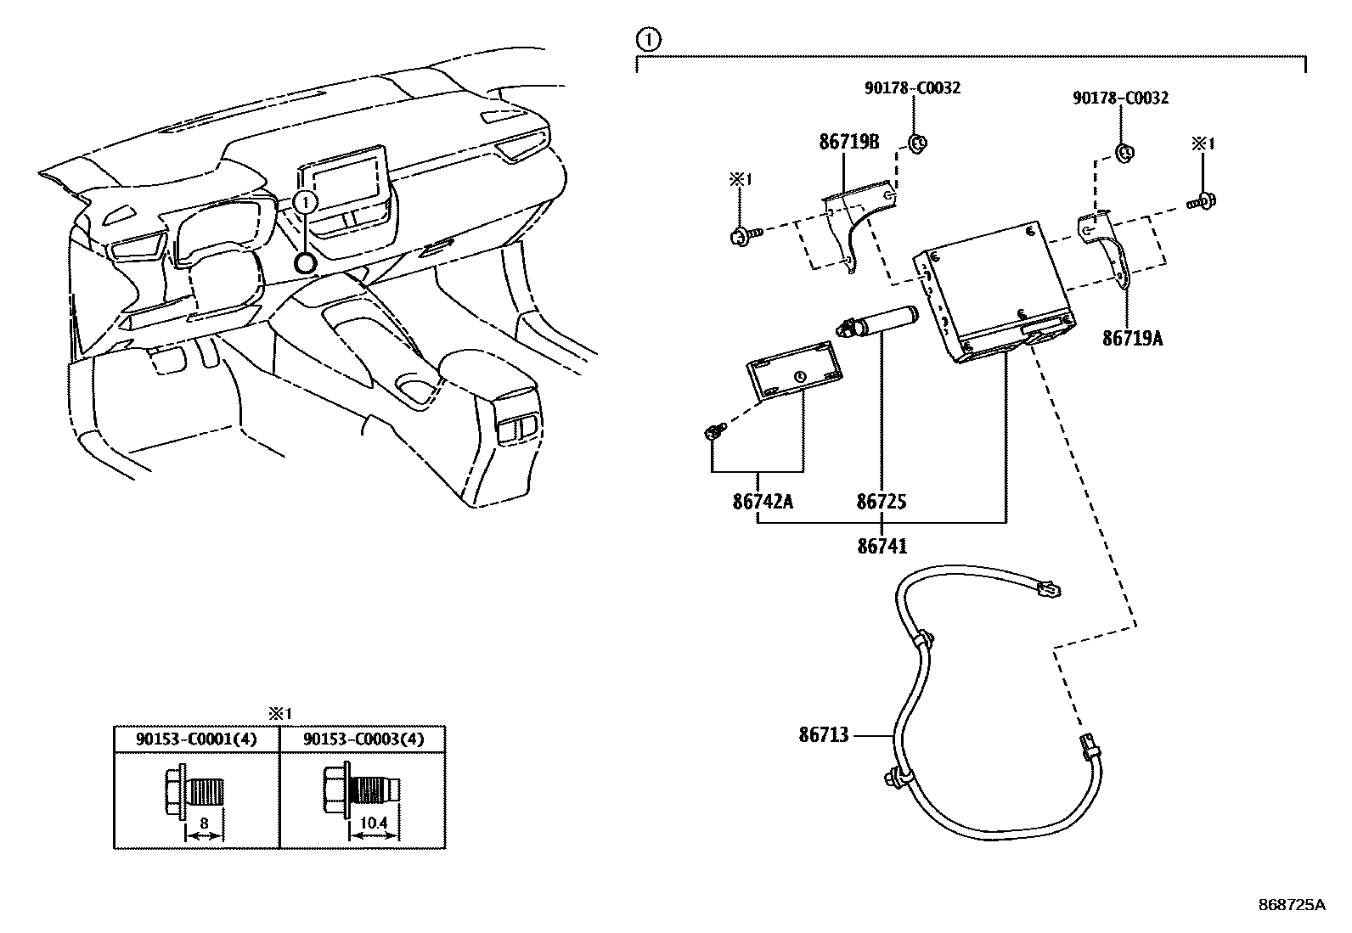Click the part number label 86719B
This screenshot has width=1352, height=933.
coord(848,142)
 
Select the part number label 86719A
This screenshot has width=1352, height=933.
coord(1132,338)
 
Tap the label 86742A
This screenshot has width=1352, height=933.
coord(762,501)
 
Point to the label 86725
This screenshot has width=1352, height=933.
coord(881,501)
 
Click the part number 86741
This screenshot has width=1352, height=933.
coord(882,546)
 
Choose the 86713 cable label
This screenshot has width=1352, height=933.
coord(823,734)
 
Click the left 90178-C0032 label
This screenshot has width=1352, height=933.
coord(913,87)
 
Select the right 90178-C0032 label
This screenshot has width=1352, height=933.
coord(1120,98)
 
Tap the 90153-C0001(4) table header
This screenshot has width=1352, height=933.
coord(196,739)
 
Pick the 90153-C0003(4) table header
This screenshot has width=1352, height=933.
coord(363,739)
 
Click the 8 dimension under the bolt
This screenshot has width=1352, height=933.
coord(205,823)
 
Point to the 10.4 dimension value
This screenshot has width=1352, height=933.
coord(374,823)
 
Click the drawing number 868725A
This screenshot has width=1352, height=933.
coord(1291,904)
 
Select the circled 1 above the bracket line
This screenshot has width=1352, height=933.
coord(648,38)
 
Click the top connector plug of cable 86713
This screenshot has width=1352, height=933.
coord(1050,587)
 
